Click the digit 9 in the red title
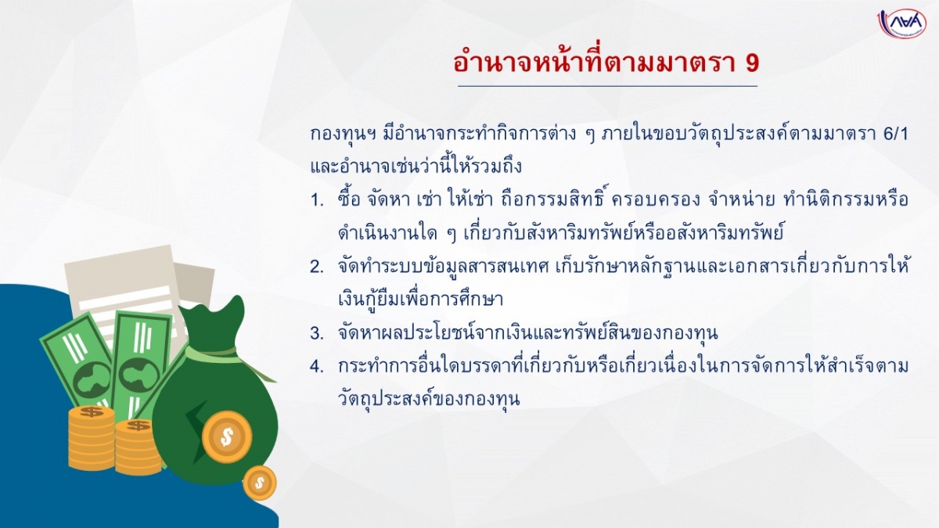click(752, 63)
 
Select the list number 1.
click(317, 200)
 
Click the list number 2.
click(317, 267)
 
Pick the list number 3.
click(317, 333)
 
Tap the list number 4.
click(317, 367)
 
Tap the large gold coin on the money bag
click(227, 437)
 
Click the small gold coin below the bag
click(260, 483)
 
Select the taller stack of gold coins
click(92, 438)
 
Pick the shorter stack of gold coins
click(139, 447)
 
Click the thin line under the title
click(607, 86)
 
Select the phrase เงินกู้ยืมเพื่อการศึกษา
click(420, 298)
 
